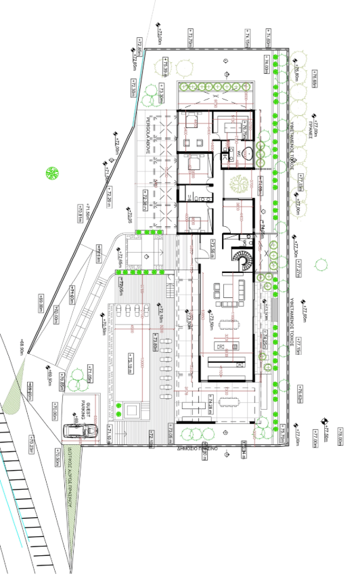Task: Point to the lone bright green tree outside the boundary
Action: pyautogui.click(x=51, y=173)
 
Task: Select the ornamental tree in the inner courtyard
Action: pyautogui.click(x=238, y=184)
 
